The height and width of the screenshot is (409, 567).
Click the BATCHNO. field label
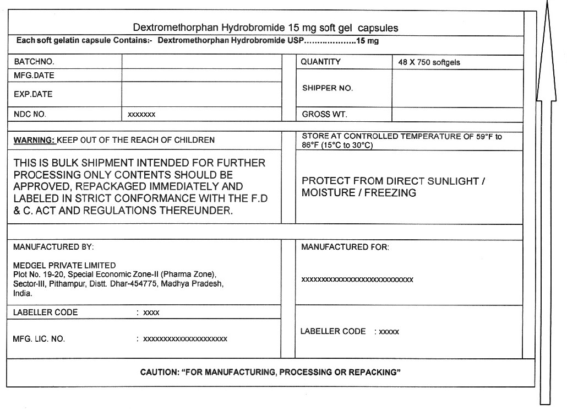[34, 62]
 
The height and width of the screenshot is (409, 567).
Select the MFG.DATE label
[34, 76]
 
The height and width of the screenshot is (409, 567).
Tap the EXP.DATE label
[33, 94]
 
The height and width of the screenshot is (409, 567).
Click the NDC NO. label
[30, 115]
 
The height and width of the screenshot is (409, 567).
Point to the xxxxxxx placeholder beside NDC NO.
[141, 115]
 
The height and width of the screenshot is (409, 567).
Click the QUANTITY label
[321, 62]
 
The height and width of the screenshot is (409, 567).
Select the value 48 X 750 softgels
[429, 63]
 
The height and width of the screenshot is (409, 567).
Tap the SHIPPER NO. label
[328, 88]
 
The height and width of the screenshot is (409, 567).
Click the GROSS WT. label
[325, 115]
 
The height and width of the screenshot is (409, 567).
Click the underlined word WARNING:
[34, 140]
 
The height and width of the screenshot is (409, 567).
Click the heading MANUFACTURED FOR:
[345, 247]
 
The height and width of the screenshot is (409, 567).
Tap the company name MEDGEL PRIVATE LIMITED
[64, 265]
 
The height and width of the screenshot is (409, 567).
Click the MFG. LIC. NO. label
[39, 339]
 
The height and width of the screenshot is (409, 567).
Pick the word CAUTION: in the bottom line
[159, 372]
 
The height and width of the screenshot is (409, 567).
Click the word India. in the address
[23, 293]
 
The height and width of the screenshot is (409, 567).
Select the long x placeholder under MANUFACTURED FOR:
[357, 279]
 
